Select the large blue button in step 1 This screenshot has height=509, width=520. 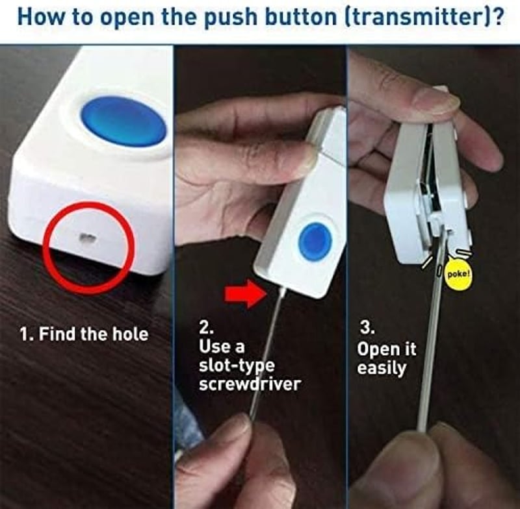coord(123,121)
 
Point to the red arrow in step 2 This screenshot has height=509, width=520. coord(246,293)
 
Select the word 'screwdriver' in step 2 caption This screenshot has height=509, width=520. coord(250,384)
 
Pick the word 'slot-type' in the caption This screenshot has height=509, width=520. coord(237,366)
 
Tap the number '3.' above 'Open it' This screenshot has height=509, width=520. coord(368,328)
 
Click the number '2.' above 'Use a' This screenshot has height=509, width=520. coord(206,328)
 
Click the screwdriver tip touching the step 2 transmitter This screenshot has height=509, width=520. coord(282,290)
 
